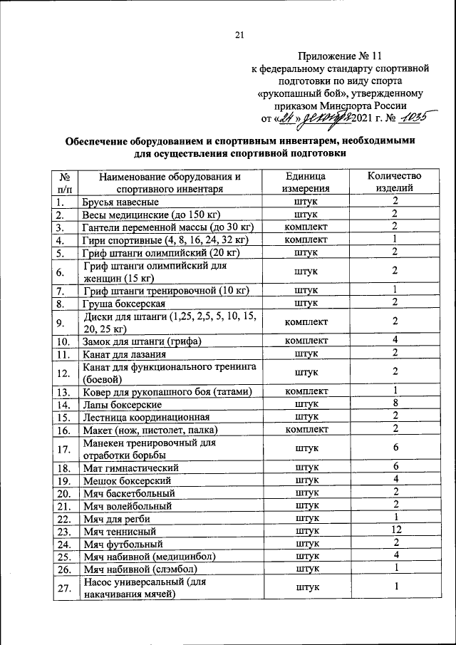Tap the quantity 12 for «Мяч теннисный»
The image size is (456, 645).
[394, 531]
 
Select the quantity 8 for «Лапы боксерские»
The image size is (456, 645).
[394, 403]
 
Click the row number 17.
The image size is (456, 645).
[64, 449]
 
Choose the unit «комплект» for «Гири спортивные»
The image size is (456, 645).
[306, 239]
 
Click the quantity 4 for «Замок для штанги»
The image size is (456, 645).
[394, 341]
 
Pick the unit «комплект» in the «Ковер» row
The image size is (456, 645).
[306, 391]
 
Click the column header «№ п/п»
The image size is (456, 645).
[64, 182]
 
